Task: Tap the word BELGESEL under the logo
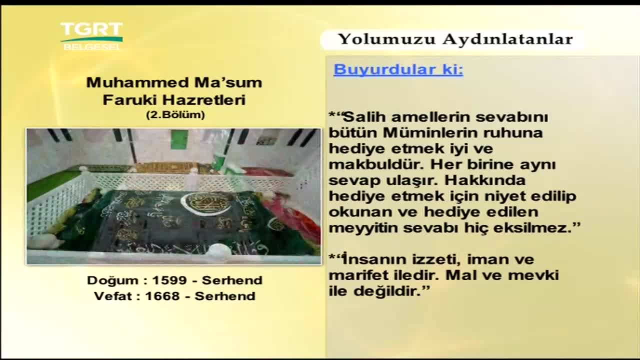(91, 47)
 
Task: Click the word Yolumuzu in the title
(386, 39)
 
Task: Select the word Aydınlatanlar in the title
(507, 39)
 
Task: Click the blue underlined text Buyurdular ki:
(398, 69)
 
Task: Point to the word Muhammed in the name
(137, 82)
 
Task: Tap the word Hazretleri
(204, 100)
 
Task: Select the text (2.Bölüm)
(175, 115)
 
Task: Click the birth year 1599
(169, 280)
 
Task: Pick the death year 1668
(162, 296)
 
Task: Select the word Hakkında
(485, 180)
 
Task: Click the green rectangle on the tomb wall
(179, 139)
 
